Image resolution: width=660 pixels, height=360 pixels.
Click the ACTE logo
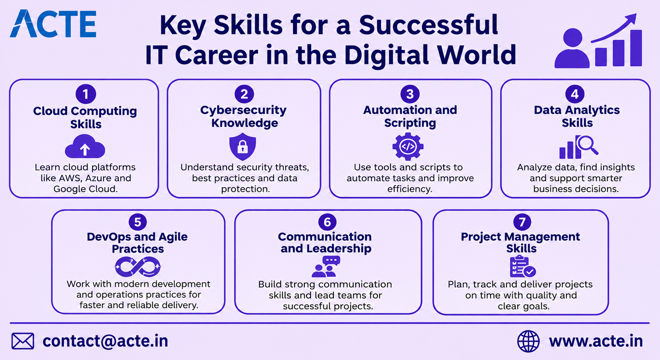tap(53, 24)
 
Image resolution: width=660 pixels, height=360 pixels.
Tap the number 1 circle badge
tap(86, 94)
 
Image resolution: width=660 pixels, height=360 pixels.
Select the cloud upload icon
tap(85, 146)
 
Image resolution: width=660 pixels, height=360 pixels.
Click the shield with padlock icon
tap(243, 147)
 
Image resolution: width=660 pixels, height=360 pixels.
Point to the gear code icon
tap(408, 147)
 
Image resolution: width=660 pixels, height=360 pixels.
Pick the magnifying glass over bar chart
tap(579, 147)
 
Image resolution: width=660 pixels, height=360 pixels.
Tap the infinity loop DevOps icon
tap(138, 267)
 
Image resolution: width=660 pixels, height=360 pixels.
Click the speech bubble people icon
tap(326, 266)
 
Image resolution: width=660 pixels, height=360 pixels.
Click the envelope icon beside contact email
tap(23, 341)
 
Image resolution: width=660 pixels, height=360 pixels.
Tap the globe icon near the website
tap(528, 341)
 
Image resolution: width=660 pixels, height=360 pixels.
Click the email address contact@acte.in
tap(105, 341)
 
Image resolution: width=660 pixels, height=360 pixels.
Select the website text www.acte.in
tap(596, 341)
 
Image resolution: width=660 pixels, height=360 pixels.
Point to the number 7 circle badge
tap(522, 222)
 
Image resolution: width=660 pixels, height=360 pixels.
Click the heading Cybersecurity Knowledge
tap(243, 116)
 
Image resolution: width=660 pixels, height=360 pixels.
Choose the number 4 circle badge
tap(574, 94)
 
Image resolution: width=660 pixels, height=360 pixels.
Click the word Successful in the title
tap(428, 25)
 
